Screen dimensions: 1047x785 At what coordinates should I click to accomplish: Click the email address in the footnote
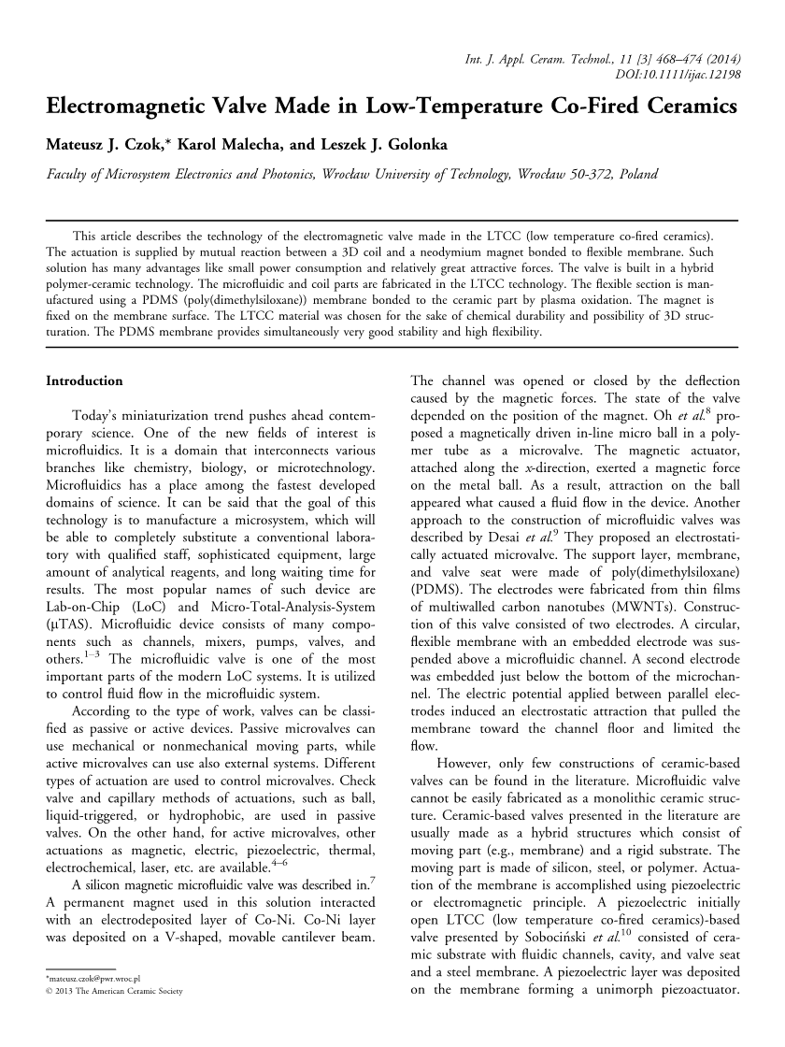pos(93,1004)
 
